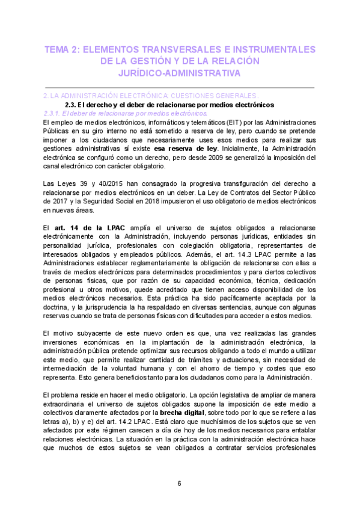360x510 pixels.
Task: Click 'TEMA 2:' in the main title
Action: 62,49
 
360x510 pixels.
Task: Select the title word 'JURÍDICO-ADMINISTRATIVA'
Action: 180,73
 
